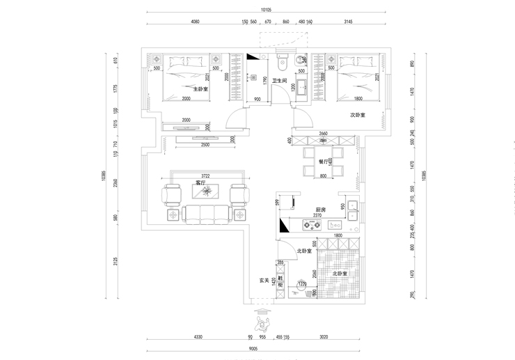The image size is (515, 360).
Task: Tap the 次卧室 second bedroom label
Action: [x=358, y=115]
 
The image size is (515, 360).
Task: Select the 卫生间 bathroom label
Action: [x=280, y=81]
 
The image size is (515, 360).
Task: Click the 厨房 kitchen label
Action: [x=321, y=209]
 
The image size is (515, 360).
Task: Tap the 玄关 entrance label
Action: [x=264, y=280]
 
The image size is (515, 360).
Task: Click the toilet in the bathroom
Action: [x=282, y=63]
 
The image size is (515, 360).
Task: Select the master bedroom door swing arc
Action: [x=236, y=118]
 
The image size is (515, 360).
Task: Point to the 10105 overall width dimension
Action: [x=265, y=10]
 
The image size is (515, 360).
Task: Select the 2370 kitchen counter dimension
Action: [x=317, y=216]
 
